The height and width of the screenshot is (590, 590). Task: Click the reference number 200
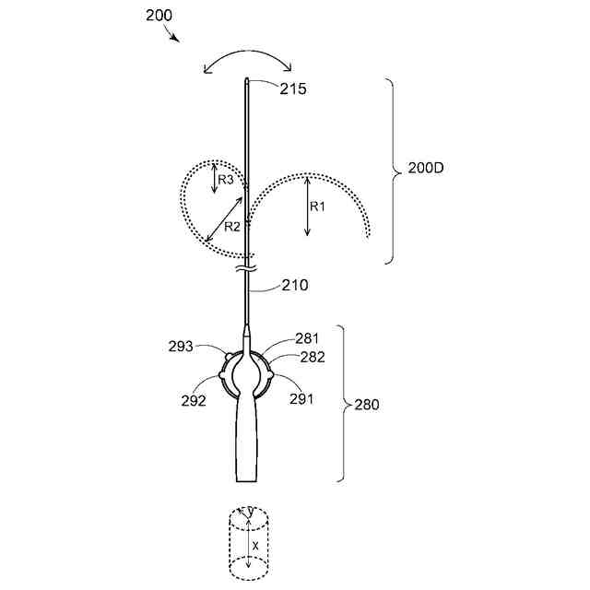[159, 16]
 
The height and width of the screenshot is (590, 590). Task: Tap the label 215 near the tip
[293, 88]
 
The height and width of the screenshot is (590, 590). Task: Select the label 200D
[426, 168]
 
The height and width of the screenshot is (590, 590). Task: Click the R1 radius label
[317, 206]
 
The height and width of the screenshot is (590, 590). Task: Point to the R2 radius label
[231, 227]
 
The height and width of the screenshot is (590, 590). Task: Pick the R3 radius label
[226, 180]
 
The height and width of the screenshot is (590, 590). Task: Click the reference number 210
[295, 285]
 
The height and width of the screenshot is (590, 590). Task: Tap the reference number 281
[307, 338]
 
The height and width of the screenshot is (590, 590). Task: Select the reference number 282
[313, 357]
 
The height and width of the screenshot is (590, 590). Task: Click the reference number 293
[181, 347]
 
